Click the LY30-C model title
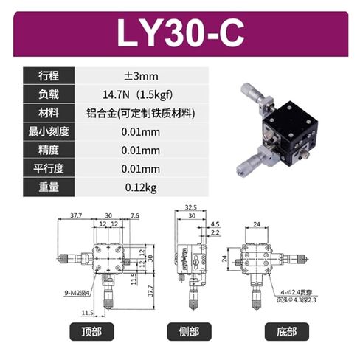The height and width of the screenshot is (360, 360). [179, 34]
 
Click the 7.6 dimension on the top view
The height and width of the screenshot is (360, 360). [134, 216]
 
